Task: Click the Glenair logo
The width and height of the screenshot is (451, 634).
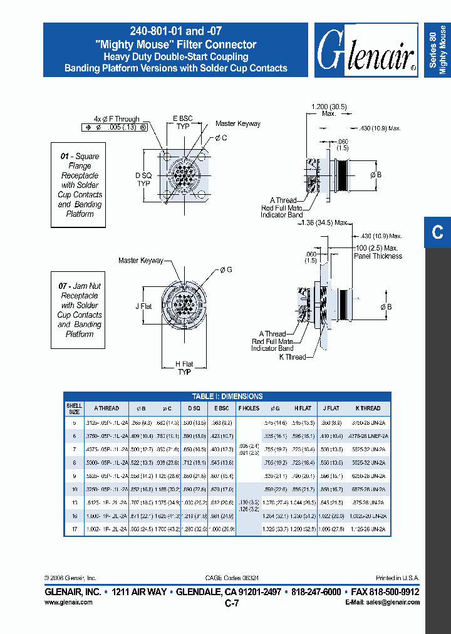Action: click(x=366, y=51)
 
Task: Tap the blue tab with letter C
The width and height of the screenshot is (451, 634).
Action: click(x=437, y=232)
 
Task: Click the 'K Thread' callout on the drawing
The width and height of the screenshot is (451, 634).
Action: click(x=293, y=357)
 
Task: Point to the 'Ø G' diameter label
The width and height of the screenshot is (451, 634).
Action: click(x=226, y=269)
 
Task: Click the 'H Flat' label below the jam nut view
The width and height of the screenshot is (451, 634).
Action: click(x=184, y=365)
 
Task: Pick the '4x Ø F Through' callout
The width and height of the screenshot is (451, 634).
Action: click(x=117, y=119)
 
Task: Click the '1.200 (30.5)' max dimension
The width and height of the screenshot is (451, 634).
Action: click(x=329, y=107)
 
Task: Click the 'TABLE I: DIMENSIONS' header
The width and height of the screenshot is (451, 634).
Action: click(x=227, y=396)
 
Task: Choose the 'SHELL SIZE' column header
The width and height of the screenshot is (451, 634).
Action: click(x=74, y=408)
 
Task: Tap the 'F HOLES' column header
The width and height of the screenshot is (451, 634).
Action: click(x=249, y=408)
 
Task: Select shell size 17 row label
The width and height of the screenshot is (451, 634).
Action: click(x=74, y=529)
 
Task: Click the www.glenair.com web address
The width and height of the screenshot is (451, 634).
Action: click(x=69, y=602)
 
